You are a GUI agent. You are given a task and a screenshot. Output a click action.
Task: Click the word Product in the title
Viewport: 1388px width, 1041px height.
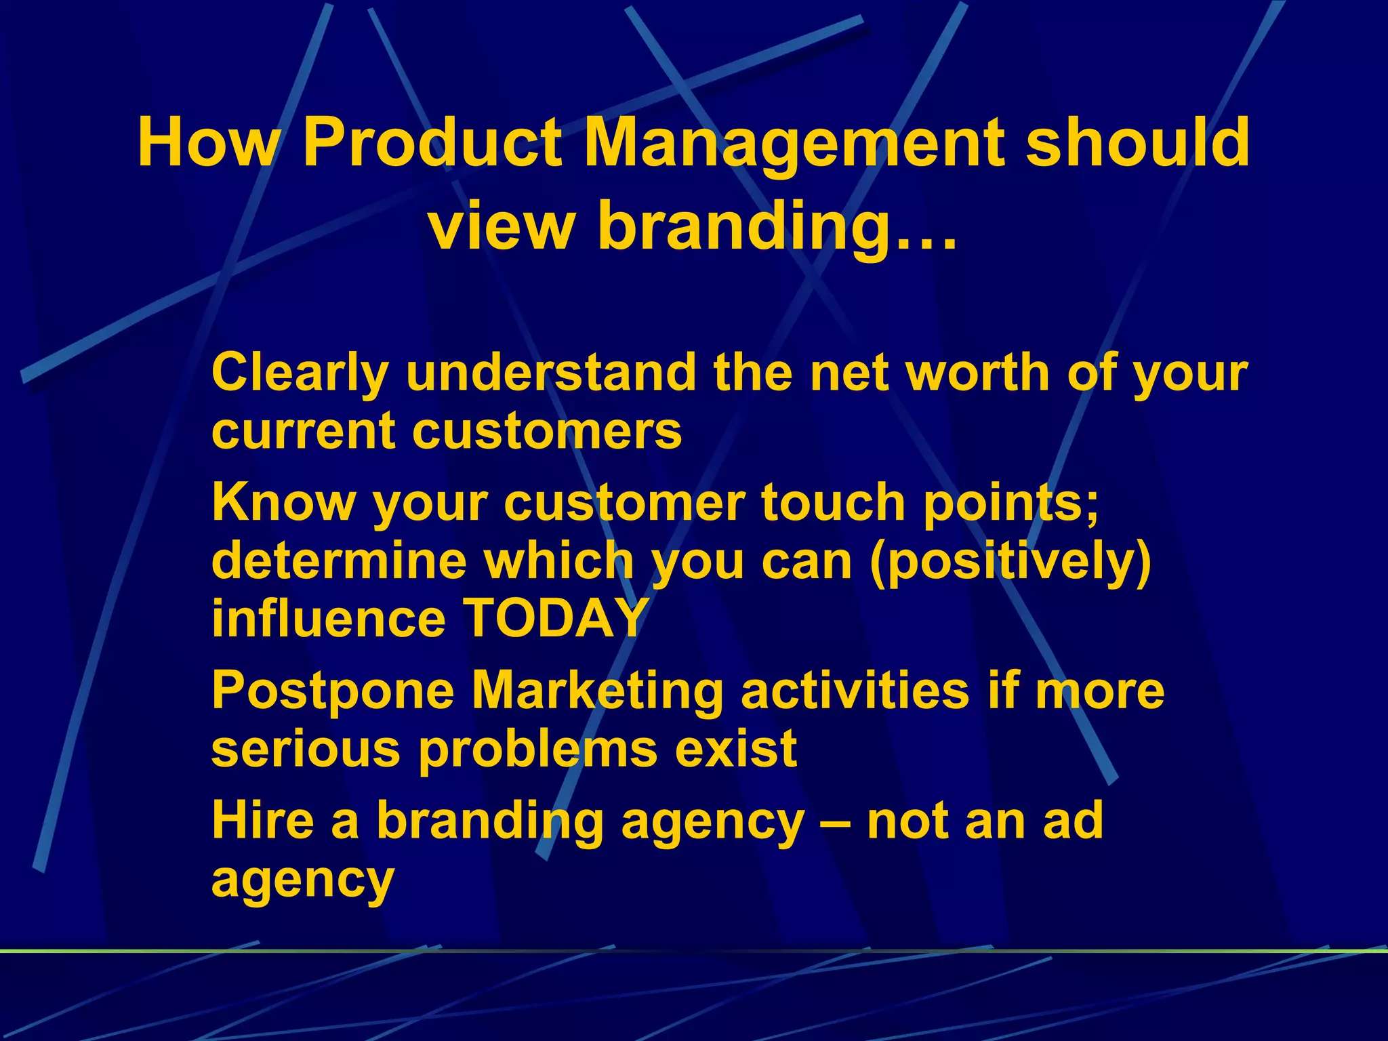[432, 143]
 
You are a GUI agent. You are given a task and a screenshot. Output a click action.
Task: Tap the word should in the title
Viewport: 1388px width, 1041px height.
[1137, 143]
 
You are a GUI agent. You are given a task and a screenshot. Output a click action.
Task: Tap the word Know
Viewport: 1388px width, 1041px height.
[283, 502]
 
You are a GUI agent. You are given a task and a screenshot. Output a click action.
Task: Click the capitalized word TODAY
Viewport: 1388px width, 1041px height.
[556, 618]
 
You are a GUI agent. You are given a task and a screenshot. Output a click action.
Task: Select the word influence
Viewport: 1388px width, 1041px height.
[329, 618]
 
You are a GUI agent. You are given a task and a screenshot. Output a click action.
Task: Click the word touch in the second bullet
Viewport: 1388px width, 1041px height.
[833, 502]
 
